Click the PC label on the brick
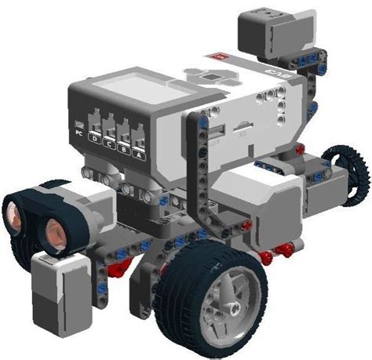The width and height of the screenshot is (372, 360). tap(78, 132)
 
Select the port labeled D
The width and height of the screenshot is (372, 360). tap(95, 139)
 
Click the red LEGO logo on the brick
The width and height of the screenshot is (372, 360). tap(217, 57)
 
